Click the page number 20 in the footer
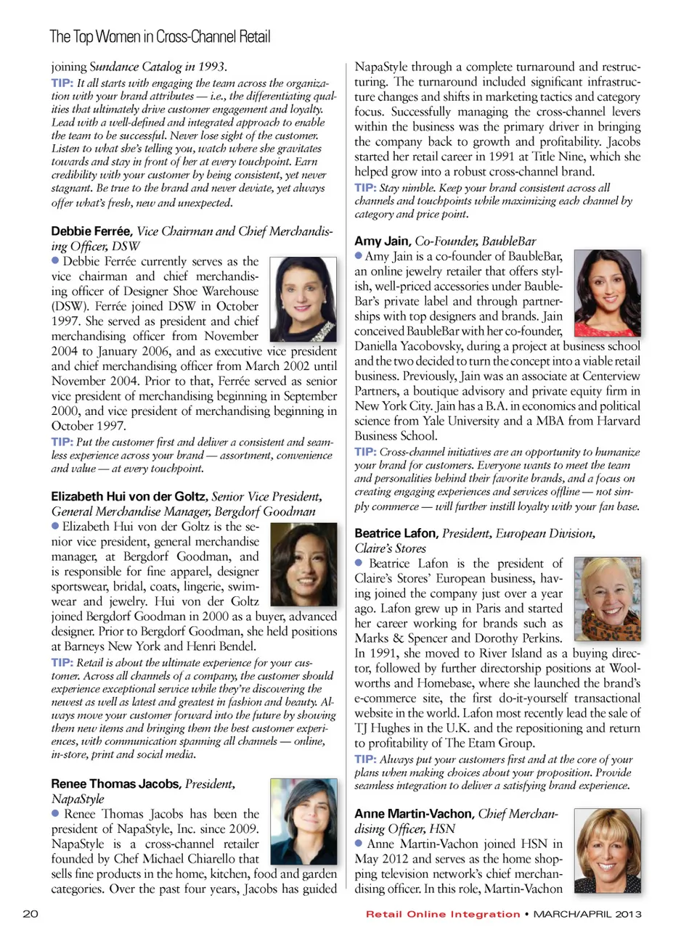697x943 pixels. coord(30,913)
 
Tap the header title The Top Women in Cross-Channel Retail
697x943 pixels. coord(160,36)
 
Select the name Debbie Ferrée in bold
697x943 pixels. coord(91,231)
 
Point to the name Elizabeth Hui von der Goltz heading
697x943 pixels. coord(129,496)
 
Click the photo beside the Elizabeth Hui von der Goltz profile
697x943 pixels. coord(303,564)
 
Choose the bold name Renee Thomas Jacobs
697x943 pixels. coord(115,783)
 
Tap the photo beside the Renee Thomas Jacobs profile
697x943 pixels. coord(303,821)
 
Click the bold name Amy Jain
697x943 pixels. coord(382,241)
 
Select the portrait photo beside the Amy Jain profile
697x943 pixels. coord(607,292)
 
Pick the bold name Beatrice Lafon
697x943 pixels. coord(396,533)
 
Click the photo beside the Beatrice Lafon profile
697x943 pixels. coord(607,598)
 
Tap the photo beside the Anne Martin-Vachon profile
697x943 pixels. coord(607,851)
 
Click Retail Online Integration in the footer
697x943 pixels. coord(443,914)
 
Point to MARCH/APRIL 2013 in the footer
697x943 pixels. coord(587,914)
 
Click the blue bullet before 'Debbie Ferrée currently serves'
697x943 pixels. coord(55,260)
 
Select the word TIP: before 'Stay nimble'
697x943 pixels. coord(365,187)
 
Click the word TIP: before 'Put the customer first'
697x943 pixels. coord(62,442)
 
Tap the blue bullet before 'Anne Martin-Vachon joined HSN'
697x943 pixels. coord(359,843)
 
